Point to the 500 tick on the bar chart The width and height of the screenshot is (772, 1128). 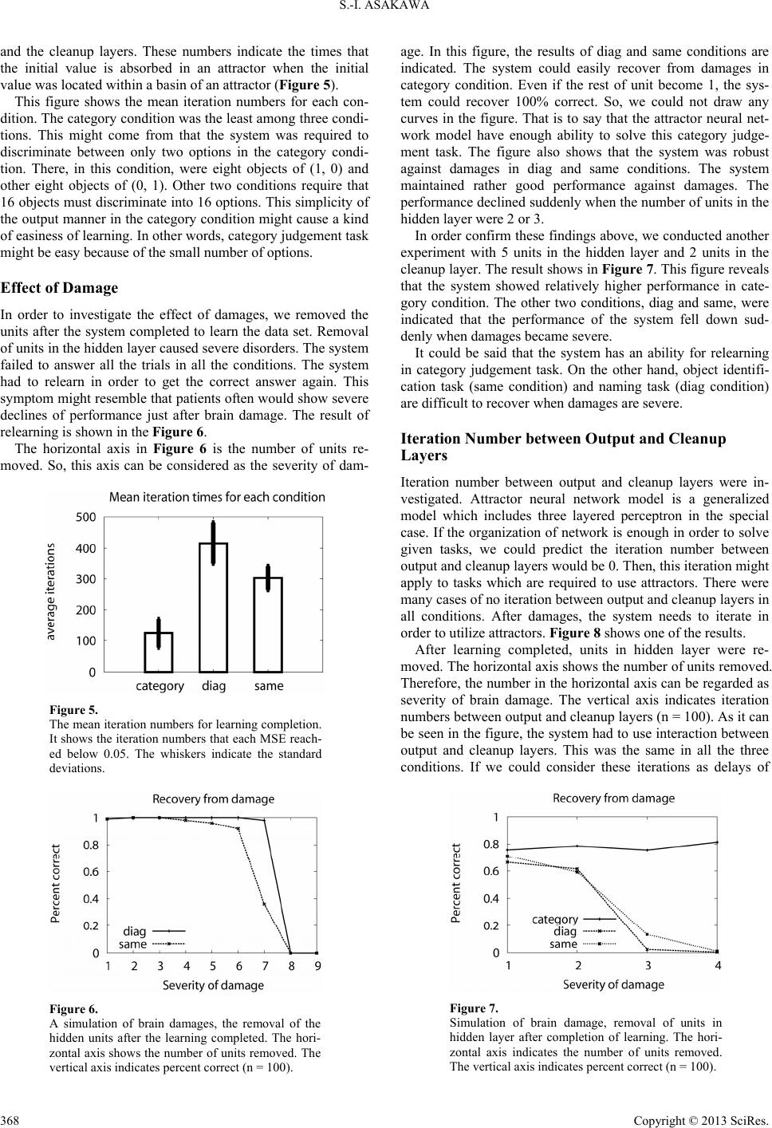point(85,518)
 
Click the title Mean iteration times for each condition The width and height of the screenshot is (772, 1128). point(217,497)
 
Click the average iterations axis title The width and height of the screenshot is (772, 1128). point(51,593)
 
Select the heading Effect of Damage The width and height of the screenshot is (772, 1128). point(59,288)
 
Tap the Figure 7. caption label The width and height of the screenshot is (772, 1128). point(474,1008)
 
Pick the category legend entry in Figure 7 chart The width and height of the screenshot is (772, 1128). point(555,919)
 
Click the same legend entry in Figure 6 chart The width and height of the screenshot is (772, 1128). point(132,944)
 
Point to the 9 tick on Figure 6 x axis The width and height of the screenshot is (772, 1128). point(317,966)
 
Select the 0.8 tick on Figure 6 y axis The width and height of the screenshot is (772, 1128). point(90,845)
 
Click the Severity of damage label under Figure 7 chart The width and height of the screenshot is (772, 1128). point(613,984)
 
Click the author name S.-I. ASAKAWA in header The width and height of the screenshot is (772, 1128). point(385,10)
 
